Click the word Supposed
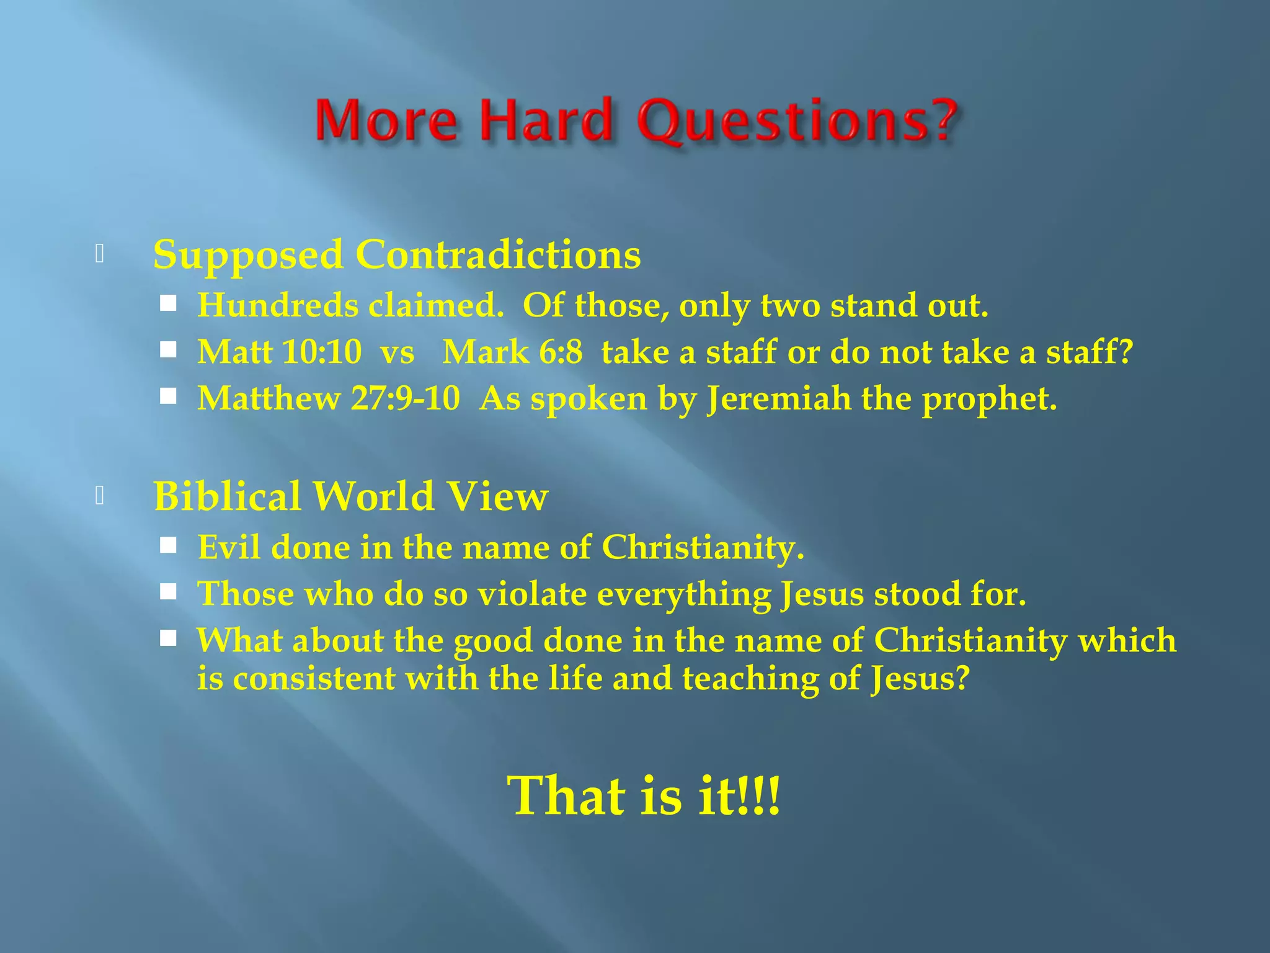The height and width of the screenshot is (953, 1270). [248, 256]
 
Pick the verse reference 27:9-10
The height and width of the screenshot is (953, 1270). [406, 398]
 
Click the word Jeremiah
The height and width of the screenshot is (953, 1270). [779, 398]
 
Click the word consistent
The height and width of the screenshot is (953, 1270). [314, 678]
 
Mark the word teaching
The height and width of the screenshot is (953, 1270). [750, 679]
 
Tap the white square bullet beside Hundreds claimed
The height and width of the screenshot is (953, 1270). [168, 303]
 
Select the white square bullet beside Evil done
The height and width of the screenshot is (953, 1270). [168, 545]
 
